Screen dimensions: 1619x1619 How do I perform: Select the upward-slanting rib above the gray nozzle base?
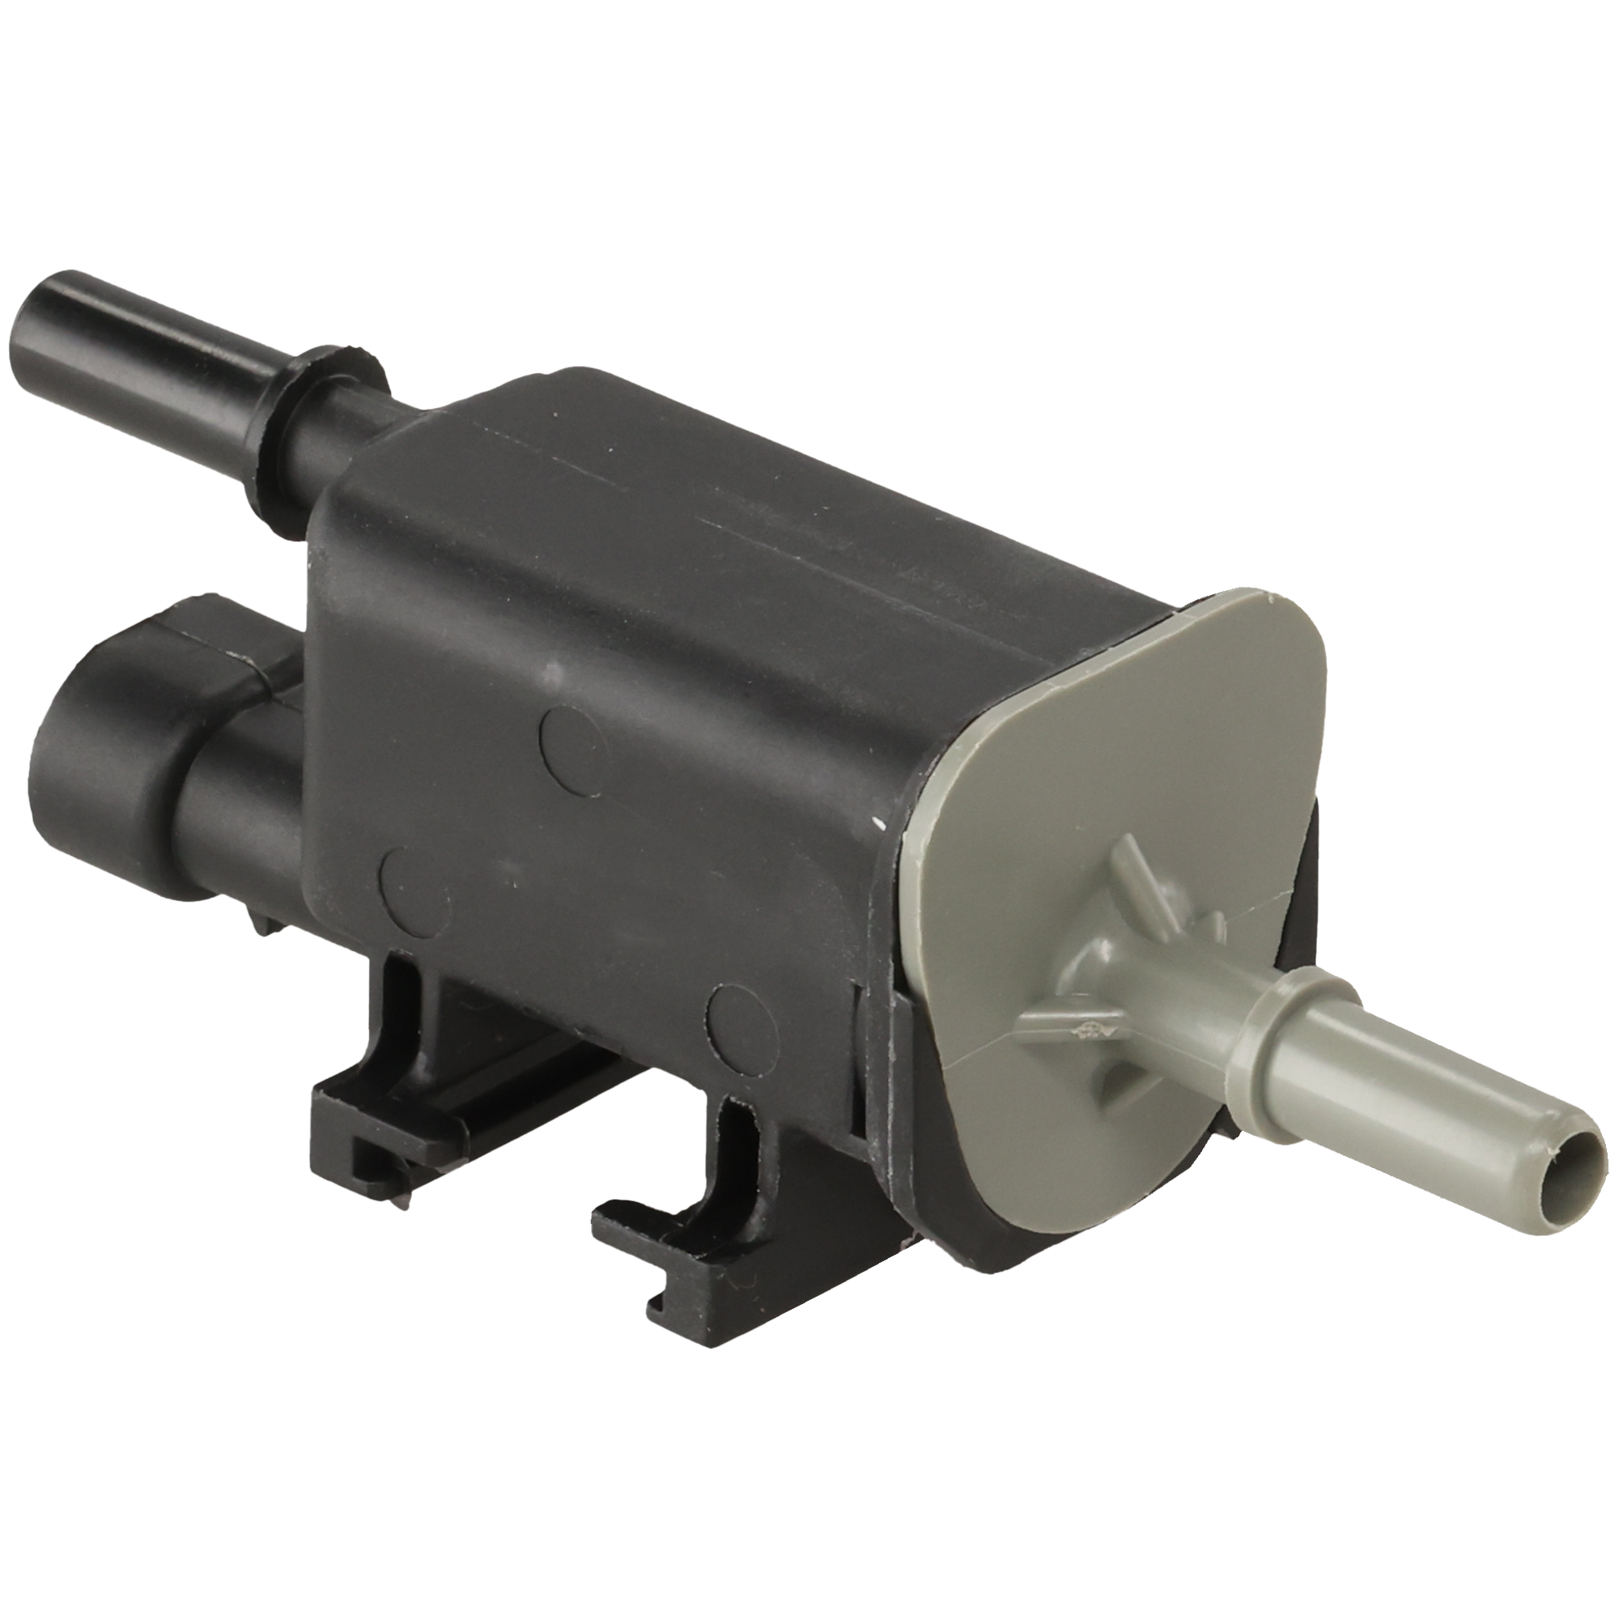tap(1133, 877)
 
